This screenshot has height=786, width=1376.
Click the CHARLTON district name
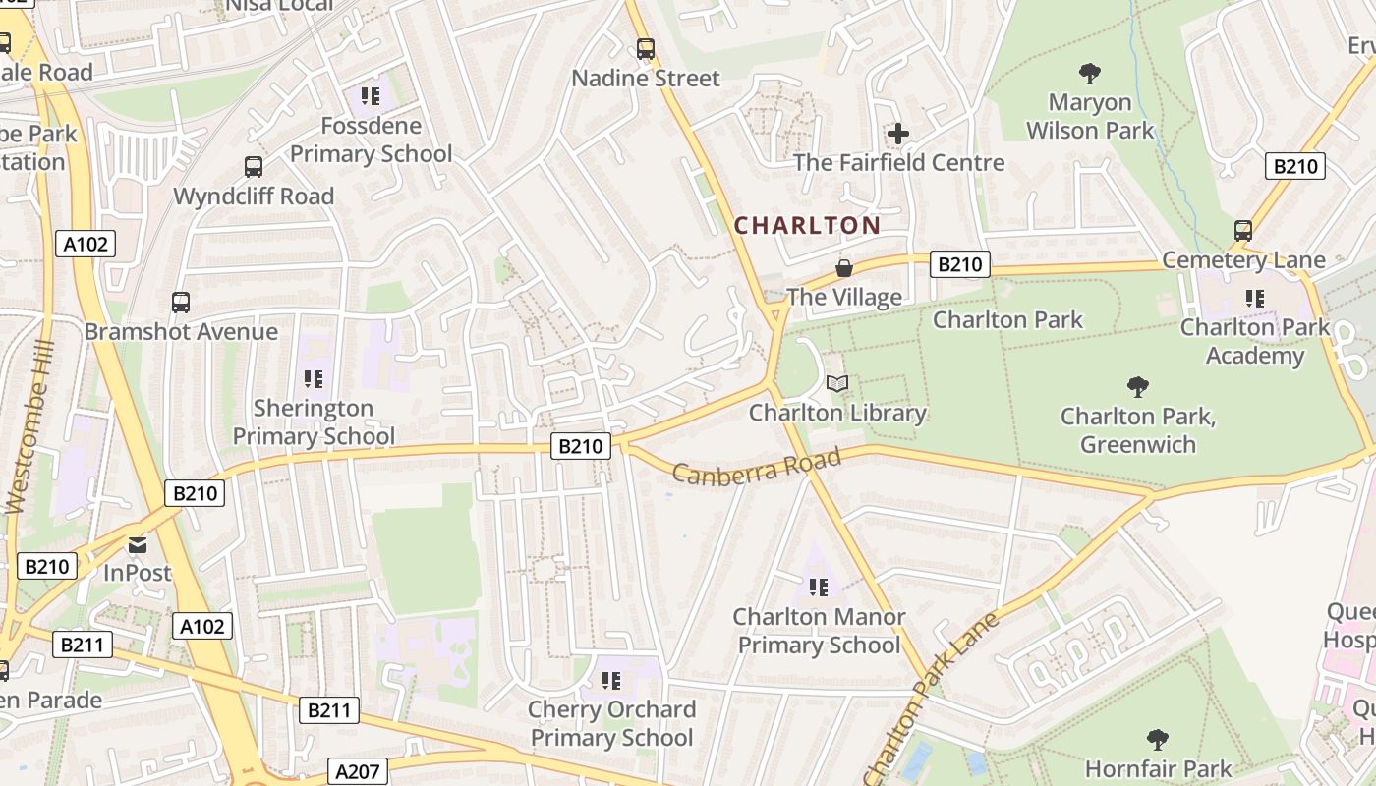[x=807, y=225]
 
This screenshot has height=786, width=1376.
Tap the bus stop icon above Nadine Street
[x=646, y=48]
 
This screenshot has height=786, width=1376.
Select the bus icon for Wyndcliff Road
[x=254, y=167]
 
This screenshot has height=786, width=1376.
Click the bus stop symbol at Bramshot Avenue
[x=181, y=303]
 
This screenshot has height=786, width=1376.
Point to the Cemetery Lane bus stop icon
[x=1243, y=231]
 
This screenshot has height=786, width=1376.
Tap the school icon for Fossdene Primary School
[x=371, y=96]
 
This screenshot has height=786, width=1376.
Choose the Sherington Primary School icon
[x=314, y=379]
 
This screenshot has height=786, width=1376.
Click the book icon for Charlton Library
[x=837, y=384]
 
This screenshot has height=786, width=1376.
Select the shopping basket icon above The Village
[x=843, y=268]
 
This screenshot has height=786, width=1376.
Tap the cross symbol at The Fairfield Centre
[x=898, y=134]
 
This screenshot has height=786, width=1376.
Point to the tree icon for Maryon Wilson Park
[x=1090, y=73]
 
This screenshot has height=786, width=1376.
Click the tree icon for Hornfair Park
[x=1158, y=739]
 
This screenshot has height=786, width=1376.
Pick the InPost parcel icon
[x=138, y=544]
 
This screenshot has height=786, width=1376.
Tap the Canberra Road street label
[x=757, y=465]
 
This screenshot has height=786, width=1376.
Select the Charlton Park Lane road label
[x=931, y=698]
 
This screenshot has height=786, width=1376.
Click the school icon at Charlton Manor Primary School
[x=819, y=588]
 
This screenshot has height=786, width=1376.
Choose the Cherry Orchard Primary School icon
[x=611, y=680]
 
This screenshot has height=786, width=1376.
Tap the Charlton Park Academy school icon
[x=1254, y=298]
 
